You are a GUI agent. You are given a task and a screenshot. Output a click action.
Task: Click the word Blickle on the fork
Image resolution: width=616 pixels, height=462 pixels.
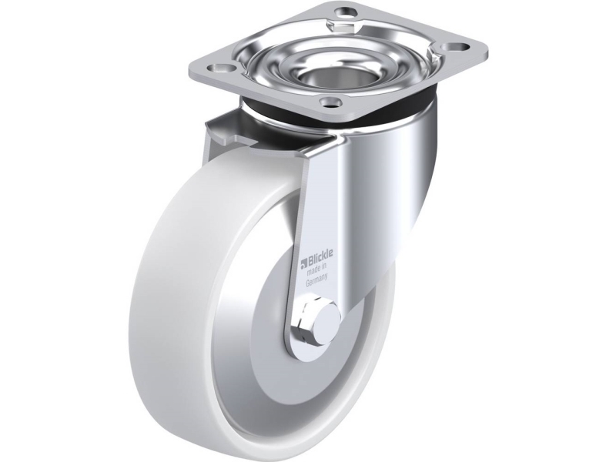[320, 257]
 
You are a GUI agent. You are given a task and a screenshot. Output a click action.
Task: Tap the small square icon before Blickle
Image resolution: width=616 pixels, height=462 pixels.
[303, 263]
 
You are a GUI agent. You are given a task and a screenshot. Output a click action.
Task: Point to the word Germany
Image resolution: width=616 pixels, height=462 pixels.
[316, 280]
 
